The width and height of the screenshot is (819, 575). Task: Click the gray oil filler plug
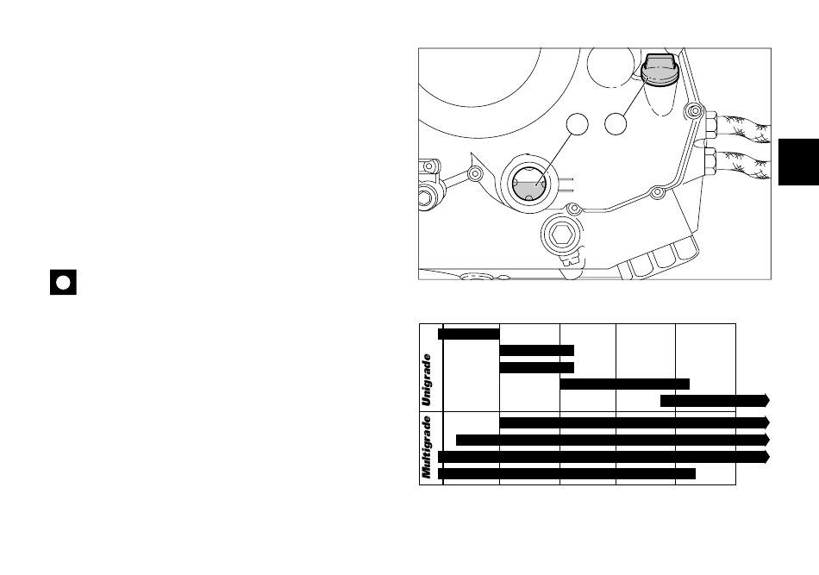[660, 70]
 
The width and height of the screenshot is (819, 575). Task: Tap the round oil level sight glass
[529, 184]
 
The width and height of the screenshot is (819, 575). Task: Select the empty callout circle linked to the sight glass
[577, 124]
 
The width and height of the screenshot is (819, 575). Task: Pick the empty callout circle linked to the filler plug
[616, 124]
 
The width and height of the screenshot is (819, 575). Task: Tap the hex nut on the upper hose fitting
[710, 124]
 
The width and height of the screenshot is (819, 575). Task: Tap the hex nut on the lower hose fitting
[710, 161]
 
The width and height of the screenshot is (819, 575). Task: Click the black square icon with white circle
[63, 282]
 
